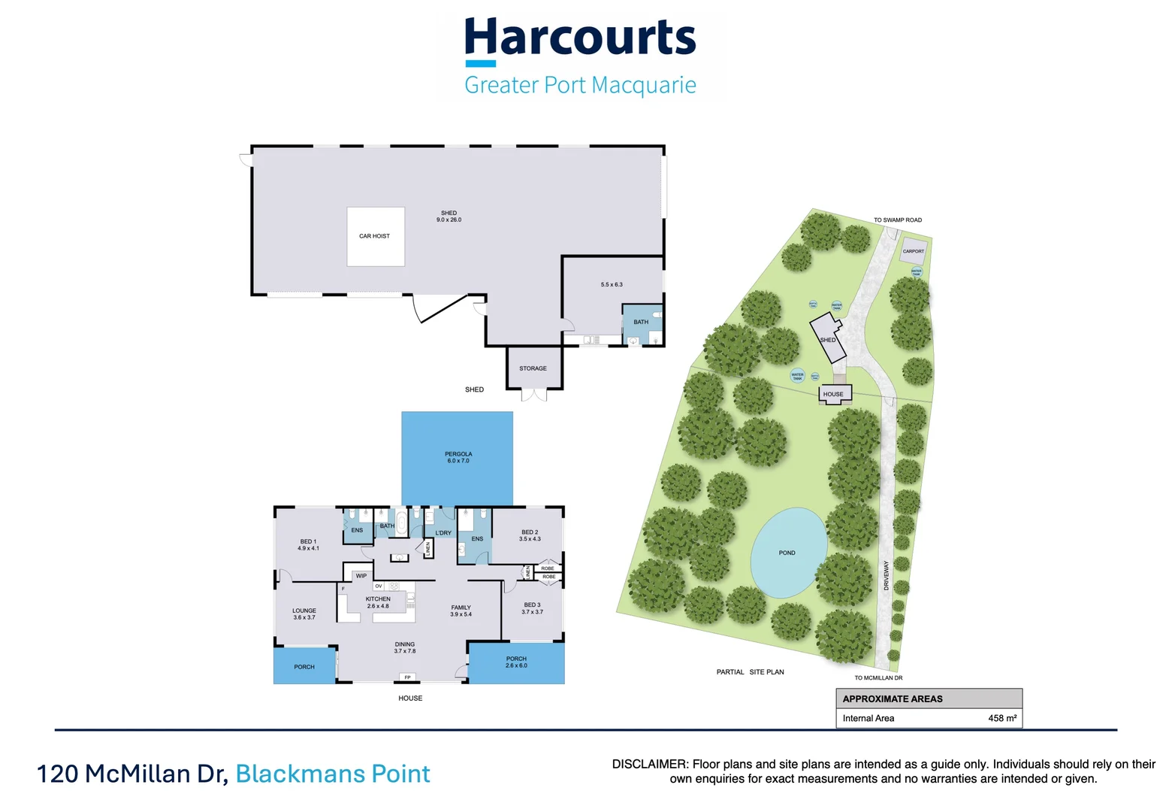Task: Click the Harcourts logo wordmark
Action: [580, 38]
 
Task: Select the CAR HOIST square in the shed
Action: [375, 236]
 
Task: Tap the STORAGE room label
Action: [533, 368]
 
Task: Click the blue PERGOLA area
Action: [458, 458]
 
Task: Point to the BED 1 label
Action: [307, 542]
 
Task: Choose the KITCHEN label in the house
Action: [378, 599]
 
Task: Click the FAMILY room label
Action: [461, 607]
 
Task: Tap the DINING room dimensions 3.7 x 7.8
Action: [405, 651]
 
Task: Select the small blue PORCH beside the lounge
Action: [304, 667]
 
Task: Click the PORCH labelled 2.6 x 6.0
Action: [516, 662]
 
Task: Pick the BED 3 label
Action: [532, 605]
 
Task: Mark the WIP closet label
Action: [361, 576]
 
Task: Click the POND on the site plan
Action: [787, 553]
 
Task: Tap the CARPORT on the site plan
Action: [913, 252]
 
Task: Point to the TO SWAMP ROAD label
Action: [897, 220]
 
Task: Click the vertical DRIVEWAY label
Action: [887, 575]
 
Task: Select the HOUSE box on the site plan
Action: [833, 394]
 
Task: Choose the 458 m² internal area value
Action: [1002, 719]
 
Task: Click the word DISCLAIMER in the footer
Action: [649, 764]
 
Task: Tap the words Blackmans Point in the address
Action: [333, 774]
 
